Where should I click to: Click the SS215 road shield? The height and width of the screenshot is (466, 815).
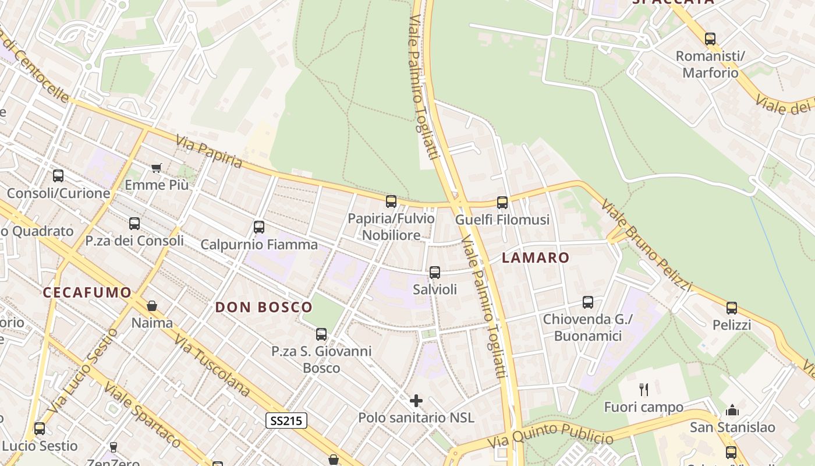[286, 421]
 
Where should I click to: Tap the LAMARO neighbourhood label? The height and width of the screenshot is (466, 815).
[535, 257]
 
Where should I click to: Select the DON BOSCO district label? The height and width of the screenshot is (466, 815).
[264, 307]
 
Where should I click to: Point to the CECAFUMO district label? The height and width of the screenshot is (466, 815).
[87, 292]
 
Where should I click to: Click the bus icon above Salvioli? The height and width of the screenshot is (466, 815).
[434, 273]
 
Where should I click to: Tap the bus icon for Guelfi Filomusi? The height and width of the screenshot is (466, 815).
[502, 203]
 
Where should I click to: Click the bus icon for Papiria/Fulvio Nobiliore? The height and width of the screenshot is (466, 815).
[391, 202]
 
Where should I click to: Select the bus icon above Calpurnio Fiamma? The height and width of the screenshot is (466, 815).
[259, 227]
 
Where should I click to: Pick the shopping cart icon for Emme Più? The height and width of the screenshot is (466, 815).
[156, 168]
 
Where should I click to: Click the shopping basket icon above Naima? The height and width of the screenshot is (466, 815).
[152, 306]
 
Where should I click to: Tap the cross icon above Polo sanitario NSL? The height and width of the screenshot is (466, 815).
[416, 401]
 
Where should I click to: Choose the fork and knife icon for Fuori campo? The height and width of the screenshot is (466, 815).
[643, 389]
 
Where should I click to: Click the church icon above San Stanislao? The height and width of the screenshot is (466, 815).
[732, 410]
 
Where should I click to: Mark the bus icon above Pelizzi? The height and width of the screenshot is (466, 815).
[732, 308]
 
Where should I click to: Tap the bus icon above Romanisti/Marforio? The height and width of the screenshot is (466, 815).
[710, 39]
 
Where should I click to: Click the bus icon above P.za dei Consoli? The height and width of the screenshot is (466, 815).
[134, 224]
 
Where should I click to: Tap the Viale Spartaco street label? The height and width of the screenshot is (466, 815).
[142, 414]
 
